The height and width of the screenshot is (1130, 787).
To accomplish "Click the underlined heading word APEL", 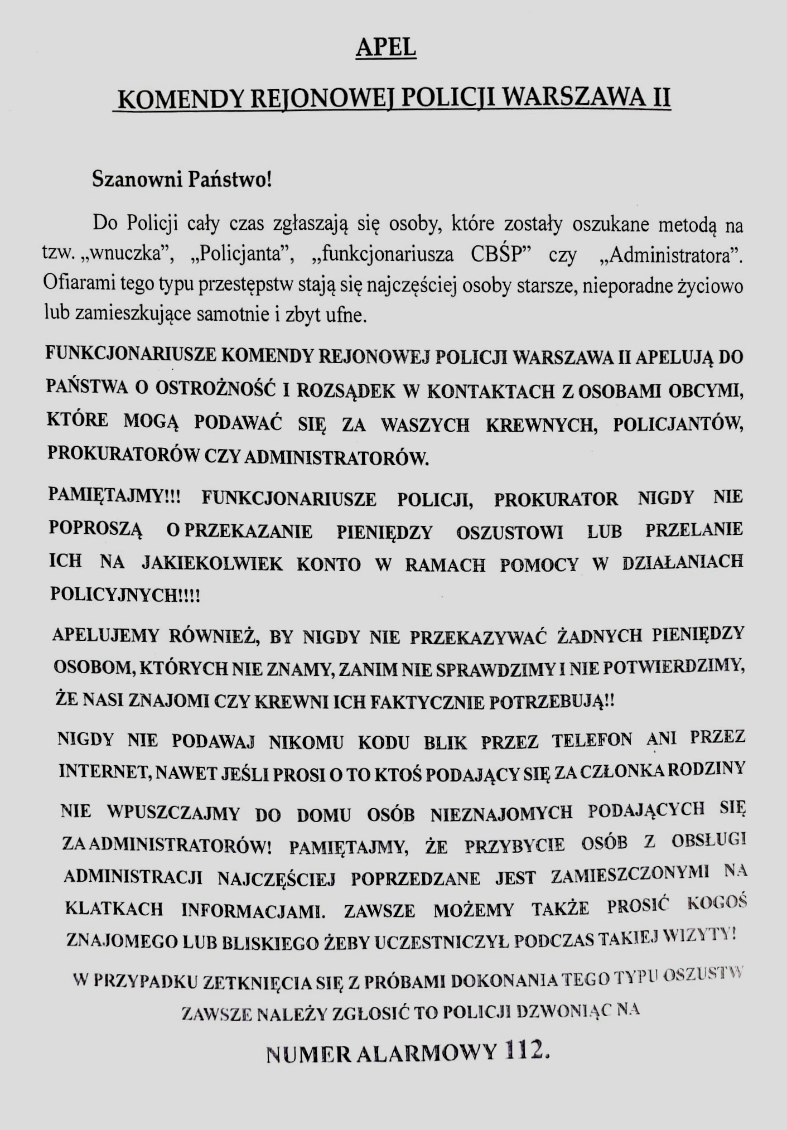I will coord(386,48).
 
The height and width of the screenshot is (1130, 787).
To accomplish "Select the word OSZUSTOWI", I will coord(510,532).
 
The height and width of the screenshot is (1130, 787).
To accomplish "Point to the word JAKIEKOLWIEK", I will coord(212,564).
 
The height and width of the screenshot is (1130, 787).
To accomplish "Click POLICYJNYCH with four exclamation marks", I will coord(125,595).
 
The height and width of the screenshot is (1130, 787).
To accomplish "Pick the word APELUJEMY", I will coord(106,635).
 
